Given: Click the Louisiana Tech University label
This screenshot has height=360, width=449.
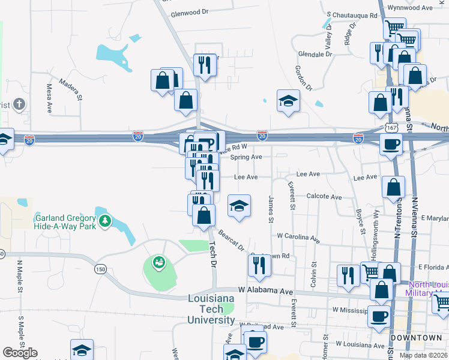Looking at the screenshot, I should click(x=211, y=308).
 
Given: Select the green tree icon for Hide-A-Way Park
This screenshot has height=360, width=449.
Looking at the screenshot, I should click(x=106, y=221).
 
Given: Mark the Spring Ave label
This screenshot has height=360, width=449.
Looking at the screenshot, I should click(x=246, y=157).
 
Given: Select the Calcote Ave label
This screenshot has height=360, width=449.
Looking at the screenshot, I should click(x=324, y=197).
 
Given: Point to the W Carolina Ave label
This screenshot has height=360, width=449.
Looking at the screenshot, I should click(x=298, y=237).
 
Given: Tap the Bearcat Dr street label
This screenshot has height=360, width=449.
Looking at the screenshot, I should click(x=231, y=240).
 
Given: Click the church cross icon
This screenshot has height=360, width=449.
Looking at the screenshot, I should click(x=19, y=105).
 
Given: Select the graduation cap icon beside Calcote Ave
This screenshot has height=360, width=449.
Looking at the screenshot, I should click(x=239, y=205).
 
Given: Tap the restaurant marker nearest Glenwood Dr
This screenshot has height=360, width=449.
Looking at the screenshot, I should click(x=205, y=64).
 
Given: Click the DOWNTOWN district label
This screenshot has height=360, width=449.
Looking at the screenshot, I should click(x=416, y=338).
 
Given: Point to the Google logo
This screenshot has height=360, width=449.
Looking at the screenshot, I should click(x=20, y=353).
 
